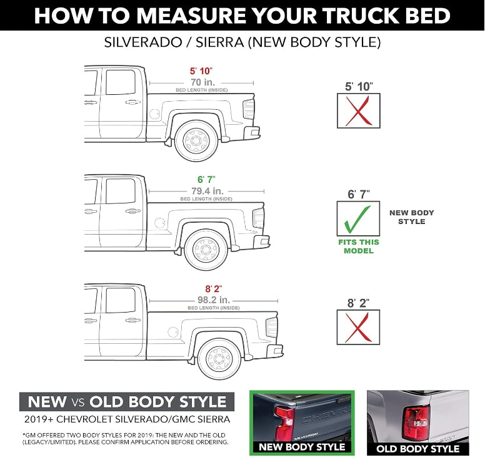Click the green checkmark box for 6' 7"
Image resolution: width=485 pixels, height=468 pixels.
click(x=358, y=218)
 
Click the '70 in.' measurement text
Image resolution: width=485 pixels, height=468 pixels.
click(x=201, y=82)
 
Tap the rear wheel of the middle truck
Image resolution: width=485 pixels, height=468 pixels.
click(x=206, y=250)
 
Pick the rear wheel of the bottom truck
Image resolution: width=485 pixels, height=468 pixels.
click(x=219, y=359)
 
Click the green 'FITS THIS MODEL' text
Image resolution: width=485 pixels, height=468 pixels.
click(x=358, y=246)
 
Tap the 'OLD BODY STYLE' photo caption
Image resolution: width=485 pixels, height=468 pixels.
click(x=417, y=449)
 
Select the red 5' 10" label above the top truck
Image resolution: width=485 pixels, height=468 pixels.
click(x=201, y=71)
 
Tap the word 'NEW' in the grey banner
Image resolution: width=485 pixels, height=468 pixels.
click(x=47, y=401)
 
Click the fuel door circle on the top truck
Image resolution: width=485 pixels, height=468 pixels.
click(x=154, y=114)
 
